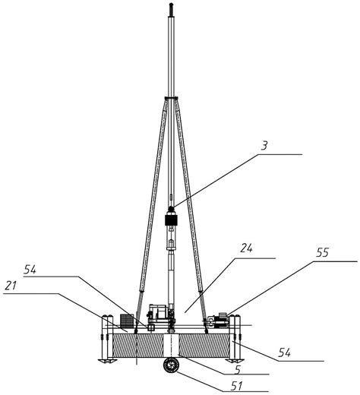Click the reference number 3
pyautogui.click(x=264, y=146)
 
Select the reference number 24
pyautogui.click(x=246, y=248)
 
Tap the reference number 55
pyautogui.click(x=322, y=253)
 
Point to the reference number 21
pyautogui.click(x=11, y=286)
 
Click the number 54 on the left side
pyautogui.click(x=30, y=270)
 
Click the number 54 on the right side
pyautogui.click(x=284, y=352)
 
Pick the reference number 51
pyautogui.click(x=237, y=386)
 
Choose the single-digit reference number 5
pyautogui.click(x=238, y=370)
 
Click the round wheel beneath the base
pyautogui.click(x=171, y=365)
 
